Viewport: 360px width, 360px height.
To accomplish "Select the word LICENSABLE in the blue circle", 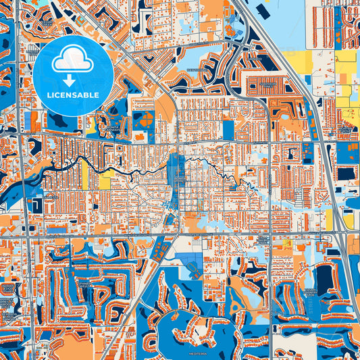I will click(73, 96).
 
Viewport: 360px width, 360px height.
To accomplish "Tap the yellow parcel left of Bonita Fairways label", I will click(106, 180).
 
